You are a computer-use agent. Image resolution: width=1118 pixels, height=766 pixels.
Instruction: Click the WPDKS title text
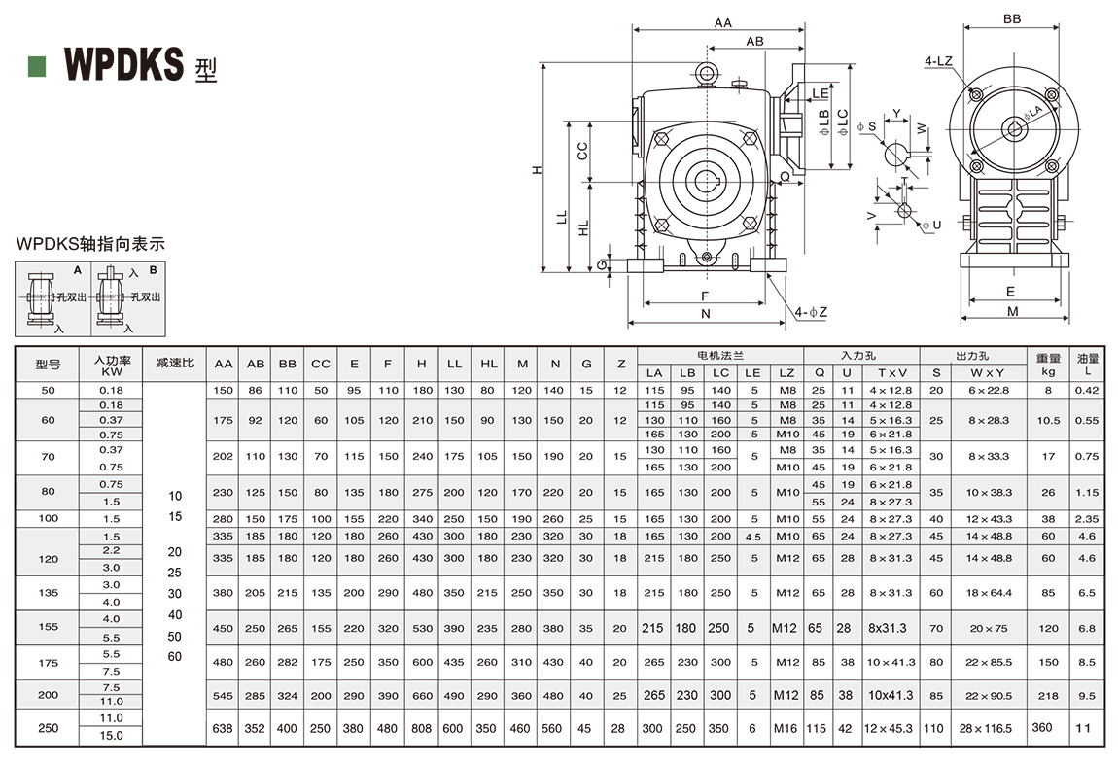click(123, 65)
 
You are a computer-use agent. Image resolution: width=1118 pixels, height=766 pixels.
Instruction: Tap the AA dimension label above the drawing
click(722, 21)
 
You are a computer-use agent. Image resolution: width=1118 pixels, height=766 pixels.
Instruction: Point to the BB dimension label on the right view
click(1011, 18)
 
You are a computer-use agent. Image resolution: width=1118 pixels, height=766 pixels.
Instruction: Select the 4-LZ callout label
click(938, 61)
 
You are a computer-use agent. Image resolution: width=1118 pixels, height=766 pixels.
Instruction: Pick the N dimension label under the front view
click(706, 313)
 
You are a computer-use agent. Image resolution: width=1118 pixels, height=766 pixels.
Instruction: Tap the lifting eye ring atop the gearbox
click(707, 73)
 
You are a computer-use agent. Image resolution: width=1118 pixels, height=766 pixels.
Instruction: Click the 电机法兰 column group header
click(720, 356)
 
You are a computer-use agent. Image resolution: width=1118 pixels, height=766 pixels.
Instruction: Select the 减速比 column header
click(175, 364)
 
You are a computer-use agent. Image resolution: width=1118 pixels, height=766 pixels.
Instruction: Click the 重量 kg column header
click(1048, 364)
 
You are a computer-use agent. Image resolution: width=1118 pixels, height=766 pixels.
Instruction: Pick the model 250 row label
click(49, 727)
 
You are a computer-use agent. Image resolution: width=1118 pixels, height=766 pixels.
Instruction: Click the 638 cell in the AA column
click(224, 728)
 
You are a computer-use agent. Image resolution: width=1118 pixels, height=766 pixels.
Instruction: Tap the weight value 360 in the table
click(1043, 727)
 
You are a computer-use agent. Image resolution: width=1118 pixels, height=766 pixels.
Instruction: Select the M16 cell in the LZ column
click(786, 728)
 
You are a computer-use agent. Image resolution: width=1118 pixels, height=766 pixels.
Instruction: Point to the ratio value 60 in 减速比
click(175, 656)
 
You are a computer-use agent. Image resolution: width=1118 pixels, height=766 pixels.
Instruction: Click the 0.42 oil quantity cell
click(1088, 390)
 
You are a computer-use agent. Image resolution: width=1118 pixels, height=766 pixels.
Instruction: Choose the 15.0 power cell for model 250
click(112, 736)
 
